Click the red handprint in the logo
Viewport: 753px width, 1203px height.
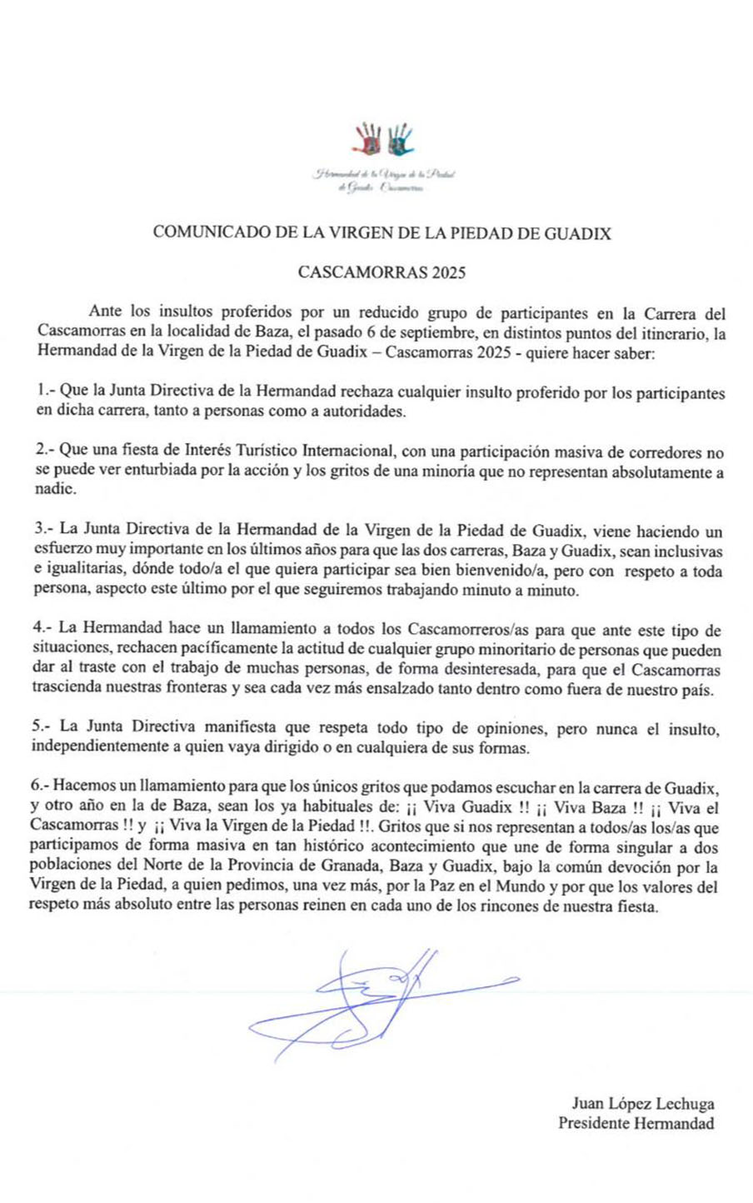tap(368, 139)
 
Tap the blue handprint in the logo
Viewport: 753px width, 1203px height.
tap(400, 139)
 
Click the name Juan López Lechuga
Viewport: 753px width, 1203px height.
tap(642, 1104)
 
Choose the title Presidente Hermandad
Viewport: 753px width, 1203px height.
tap(636, 1123)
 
